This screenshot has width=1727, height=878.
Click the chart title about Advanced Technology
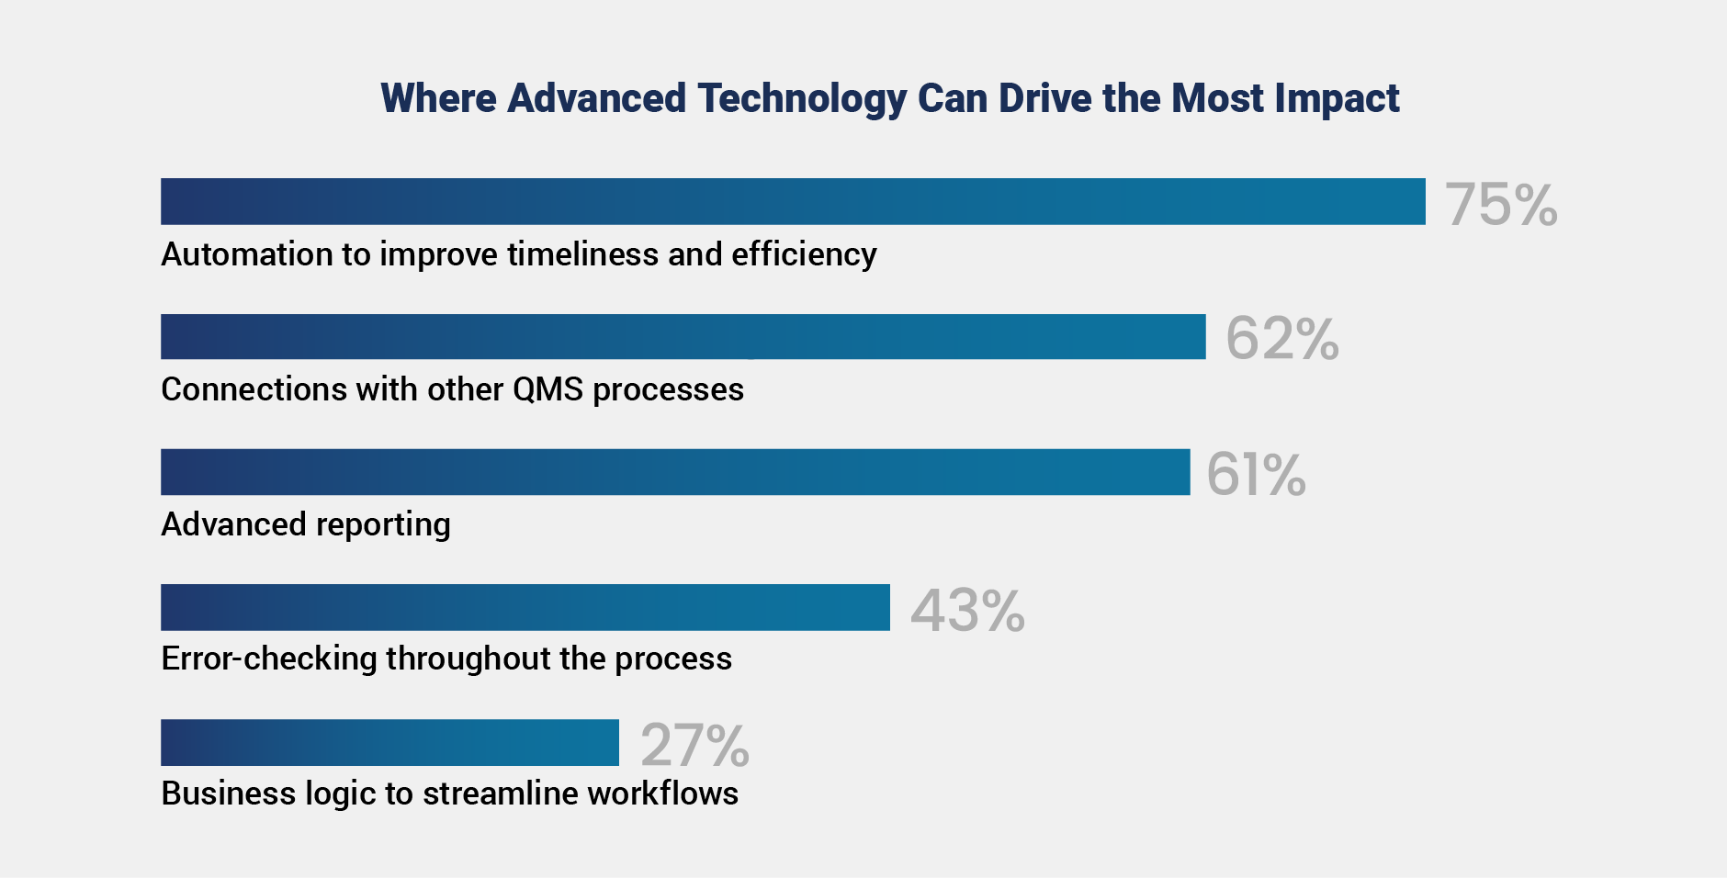pos(890,99)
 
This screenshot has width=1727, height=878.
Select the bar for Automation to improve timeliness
pos(793,201)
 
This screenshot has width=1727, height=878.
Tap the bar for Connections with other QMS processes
pos(683,336)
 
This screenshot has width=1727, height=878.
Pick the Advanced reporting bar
pos(675,472)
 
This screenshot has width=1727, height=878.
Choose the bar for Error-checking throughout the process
pos(525,607)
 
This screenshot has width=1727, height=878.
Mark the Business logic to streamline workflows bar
pos(389,742)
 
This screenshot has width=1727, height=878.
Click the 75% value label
pos(1502,204)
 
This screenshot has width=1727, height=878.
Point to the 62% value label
pos(1282,338)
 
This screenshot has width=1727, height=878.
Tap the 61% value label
pos(1256,474)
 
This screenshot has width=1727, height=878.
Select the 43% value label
pos(967,610)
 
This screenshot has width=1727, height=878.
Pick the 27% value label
pos(695,745)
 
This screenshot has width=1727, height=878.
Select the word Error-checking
pos(269,658)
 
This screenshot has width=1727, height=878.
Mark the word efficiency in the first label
pos(804,254)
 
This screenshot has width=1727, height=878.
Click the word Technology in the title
pos(802,99)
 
